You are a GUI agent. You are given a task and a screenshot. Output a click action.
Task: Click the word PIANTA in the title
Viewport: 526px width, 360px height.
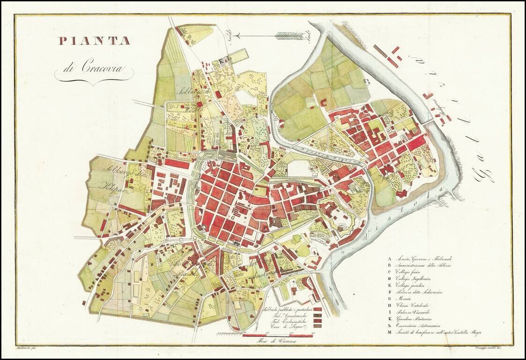pos(94,41)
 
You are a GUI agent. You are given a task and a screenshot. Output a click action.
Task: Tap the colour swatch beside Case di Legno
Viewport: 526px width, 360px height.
pos(317,326)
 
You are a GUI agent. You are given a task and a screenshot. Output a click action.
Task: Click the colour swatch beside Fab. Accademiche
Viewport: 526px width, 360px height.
pos(317,315)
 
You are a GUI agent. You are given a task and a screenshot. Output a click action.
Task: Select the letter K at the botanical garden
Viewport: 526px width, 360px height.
pos(224,60)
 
